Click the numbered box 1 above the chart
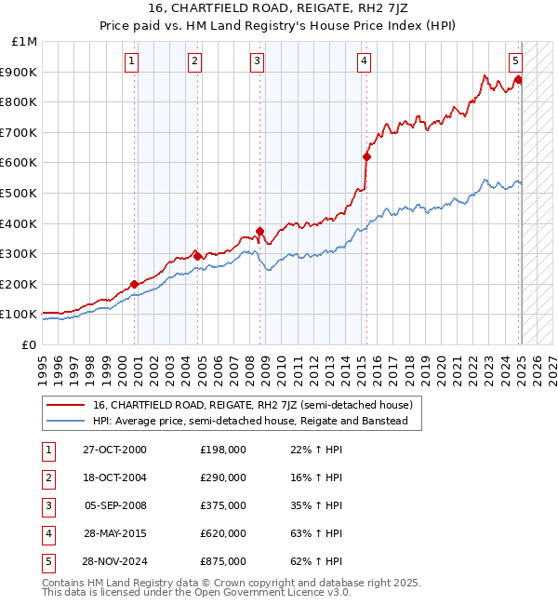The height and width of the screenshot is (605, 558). click(x=132, y=62)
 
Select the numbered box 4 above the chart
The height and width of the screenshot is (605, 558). click(x=363, y=62)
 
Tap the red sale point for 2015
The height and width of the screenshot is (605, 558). click(x=366, y=156)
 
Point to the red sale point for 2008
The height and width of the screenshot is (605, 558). click(x=260, y=231)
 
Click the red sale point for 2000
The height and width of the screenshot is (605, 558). click(x=134, y=284)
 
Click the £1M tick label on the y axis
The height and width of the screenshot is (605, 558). click(x=25, y=42)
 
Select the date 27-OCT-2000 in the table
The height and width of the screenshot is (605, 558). click(x=114, y=450)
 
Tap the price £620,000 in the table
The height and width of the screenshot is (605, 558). click(x=223, y=533)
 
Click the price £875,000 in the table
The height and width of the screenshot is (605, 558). click(x=223, y=561)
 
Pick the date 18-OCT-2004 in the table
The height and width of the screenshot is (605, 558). click(x=114, y=477)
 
